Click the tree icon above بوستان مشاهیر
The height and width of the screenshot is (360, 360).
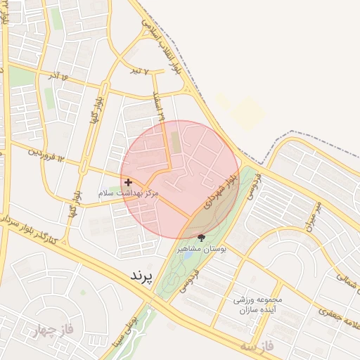pos(202,238)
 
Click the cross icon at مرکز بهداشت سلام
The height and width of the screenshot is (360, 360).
pos(128,182)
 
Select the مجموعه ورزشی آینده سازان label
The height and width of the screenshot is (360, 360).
pos(258,304)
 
